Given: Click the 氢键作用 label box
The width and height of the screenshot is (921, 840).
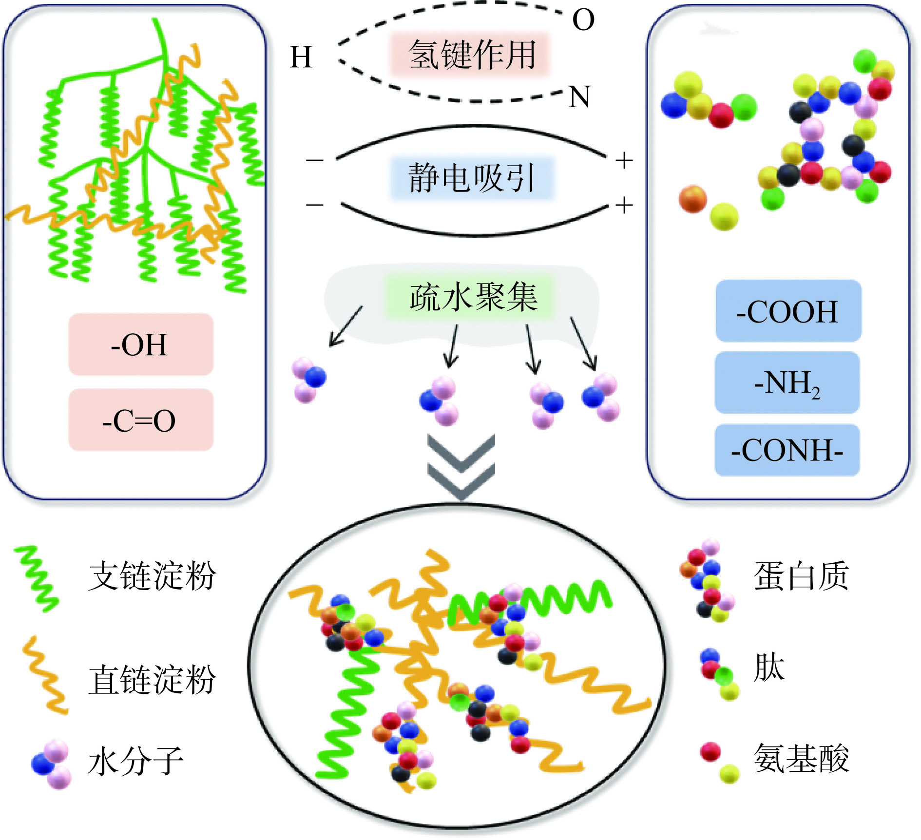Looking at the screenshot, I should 471,54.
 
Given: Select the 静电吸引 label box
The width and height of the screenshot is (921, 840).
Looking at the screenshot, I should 472,178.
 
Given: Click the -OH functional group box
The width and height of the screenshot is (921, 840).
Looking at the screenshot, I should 140,344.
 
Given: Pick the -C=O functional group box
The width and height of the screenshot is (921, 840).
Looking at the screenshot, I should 140,420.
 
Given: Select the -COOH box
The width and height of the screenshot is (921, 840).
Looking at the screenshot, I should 788,311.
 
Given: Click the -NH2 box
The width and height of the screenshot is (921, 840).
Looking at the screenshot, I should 787,383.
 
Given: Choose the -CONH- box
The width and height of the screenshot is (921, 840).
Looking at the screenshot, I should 787,450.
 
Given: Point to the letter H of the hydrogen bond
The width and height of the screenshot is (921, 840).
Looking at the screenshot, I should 301,57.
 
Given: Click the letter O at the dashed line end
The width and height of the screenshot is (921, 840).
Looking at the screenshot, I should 583,20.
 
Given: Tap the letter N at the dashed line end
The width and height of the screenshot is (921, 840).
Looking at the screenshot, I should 579,97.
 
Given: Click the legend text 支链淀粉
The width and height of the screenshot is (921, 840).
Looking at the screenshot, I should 152,576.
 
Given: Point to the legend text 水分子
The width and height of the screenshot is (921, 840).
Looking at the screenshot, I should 135,762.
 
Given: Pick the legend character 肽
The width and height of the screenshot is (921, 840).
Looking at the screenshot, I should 769,668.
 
